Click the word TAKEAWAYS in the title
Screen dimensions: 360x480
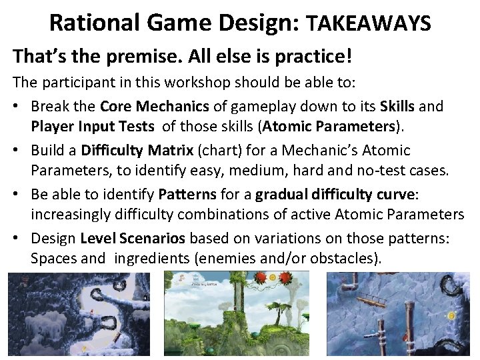pos(368,24)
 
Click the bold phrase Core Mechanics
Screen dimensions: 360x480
pos(155,106)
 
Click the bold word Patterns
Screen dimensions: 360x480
pos(187,195)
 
